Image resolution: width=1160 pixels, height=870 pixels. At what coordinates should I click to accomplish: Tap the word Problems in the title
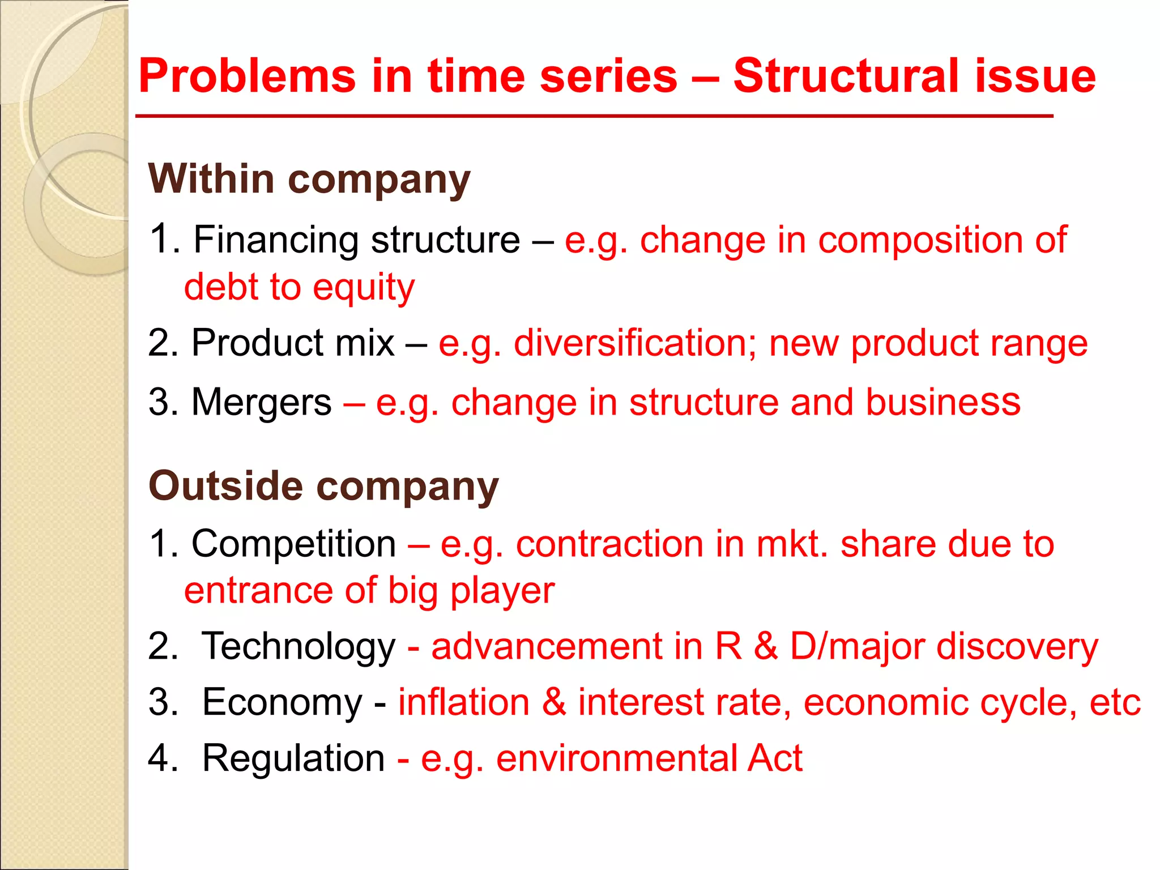(247, 76)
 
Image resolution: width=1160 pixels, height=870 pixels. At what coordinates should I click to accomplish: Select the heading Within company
(309, 179)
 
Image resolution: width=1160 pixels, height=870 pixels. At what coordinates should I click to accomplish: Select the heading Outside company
(323, 486)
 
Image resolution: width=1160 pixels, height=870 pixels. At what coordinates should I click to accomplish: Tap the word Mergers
(262, 403)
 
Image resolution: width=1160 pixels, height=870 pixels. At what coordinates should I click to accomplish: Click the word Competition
(293, 544)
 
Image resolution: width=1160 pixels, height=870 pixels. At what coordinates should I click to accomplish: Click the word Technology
(298, 647)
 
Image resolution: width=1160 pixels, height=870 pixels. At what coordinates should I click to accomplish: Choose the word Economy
(282, 702)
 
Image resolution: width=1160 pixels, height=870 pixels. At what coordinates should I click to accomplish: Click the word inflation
(464, 702)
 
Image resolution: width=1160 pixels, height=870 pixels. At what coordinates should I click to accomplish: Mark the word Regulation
(293, 758)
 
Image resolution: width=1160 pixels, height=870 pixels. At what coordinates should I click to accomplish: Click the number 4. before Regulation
(163, 758)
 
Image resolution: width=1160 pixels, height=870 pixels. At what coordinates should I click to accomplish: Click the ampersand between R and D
(765, 647)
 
